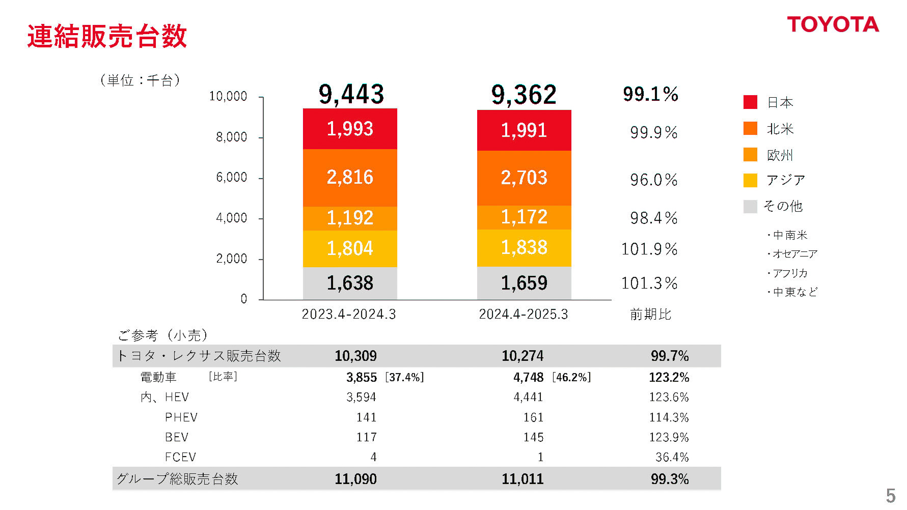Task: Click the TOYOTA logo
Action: click(833, 24)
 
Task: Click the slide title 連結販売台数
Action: click(107, 36)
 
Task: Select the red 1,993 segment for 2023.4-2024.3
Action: click(350, 129)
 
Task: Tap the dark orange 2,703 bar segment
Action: click(524, 178)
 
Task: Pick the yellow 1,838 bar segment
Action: click(524, 248)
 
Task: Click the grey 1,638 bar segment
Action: click(350, 283)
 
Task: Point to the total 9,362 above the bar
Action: click(524, 95)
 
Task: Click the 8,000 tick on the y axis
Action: click(231, 137)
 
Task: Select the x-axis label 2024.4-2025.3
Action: click(523, 314)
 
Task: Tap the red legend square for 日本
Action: click(750, 102)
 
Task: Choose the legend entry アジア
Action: click(785, 180)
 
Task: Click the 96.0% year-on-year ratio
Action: click(653, 180)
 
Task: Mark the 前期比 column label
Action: click(650, 314)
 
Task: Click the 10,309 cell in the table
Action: click(355, 356)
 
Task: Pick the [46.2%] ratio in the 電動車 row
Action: click(571, 377)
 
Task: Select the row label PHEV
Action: click(181, 417)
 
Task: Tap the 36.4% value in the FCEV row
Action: click(672, 457)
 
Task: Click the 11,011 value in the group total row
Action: click(523, 479)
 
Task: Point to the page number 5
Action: click(890, 495)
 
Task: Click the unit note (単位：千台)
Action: click(140, 80)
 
